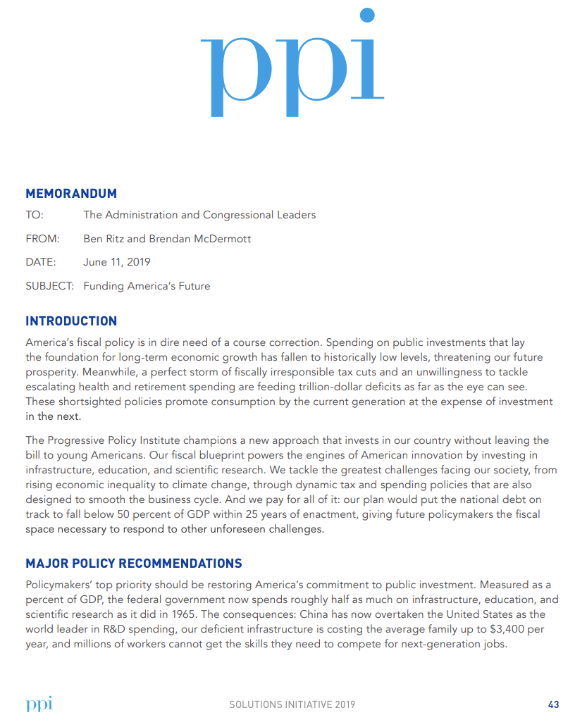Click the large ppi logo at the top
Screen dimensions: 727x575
(292, 67)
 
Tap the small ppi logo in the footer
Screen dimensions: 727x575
(39, 704)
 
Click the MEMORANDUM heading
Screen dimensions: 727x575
(71, 194)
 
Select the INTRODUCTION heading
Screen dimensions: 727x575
(71, 321)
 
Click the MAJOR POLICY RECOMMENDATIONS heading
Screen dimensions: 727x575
(134, 564)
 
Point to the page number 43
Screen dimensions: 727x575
(553, 704)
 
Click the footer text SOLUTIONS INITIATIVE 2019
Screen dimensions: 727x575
(292, 704)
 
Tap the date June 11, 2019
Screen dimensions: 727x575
(116, 262)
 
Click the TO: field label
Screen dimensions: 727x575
(35, 215)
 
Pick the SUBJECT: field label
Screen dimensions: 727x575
(50, 286)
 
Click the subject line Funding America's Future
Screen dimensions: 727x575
(147, 286)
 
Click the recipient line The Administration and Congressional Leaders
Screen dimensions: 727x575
(199, 215)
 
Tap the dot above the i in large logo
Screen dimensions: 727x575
(366, 15)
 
